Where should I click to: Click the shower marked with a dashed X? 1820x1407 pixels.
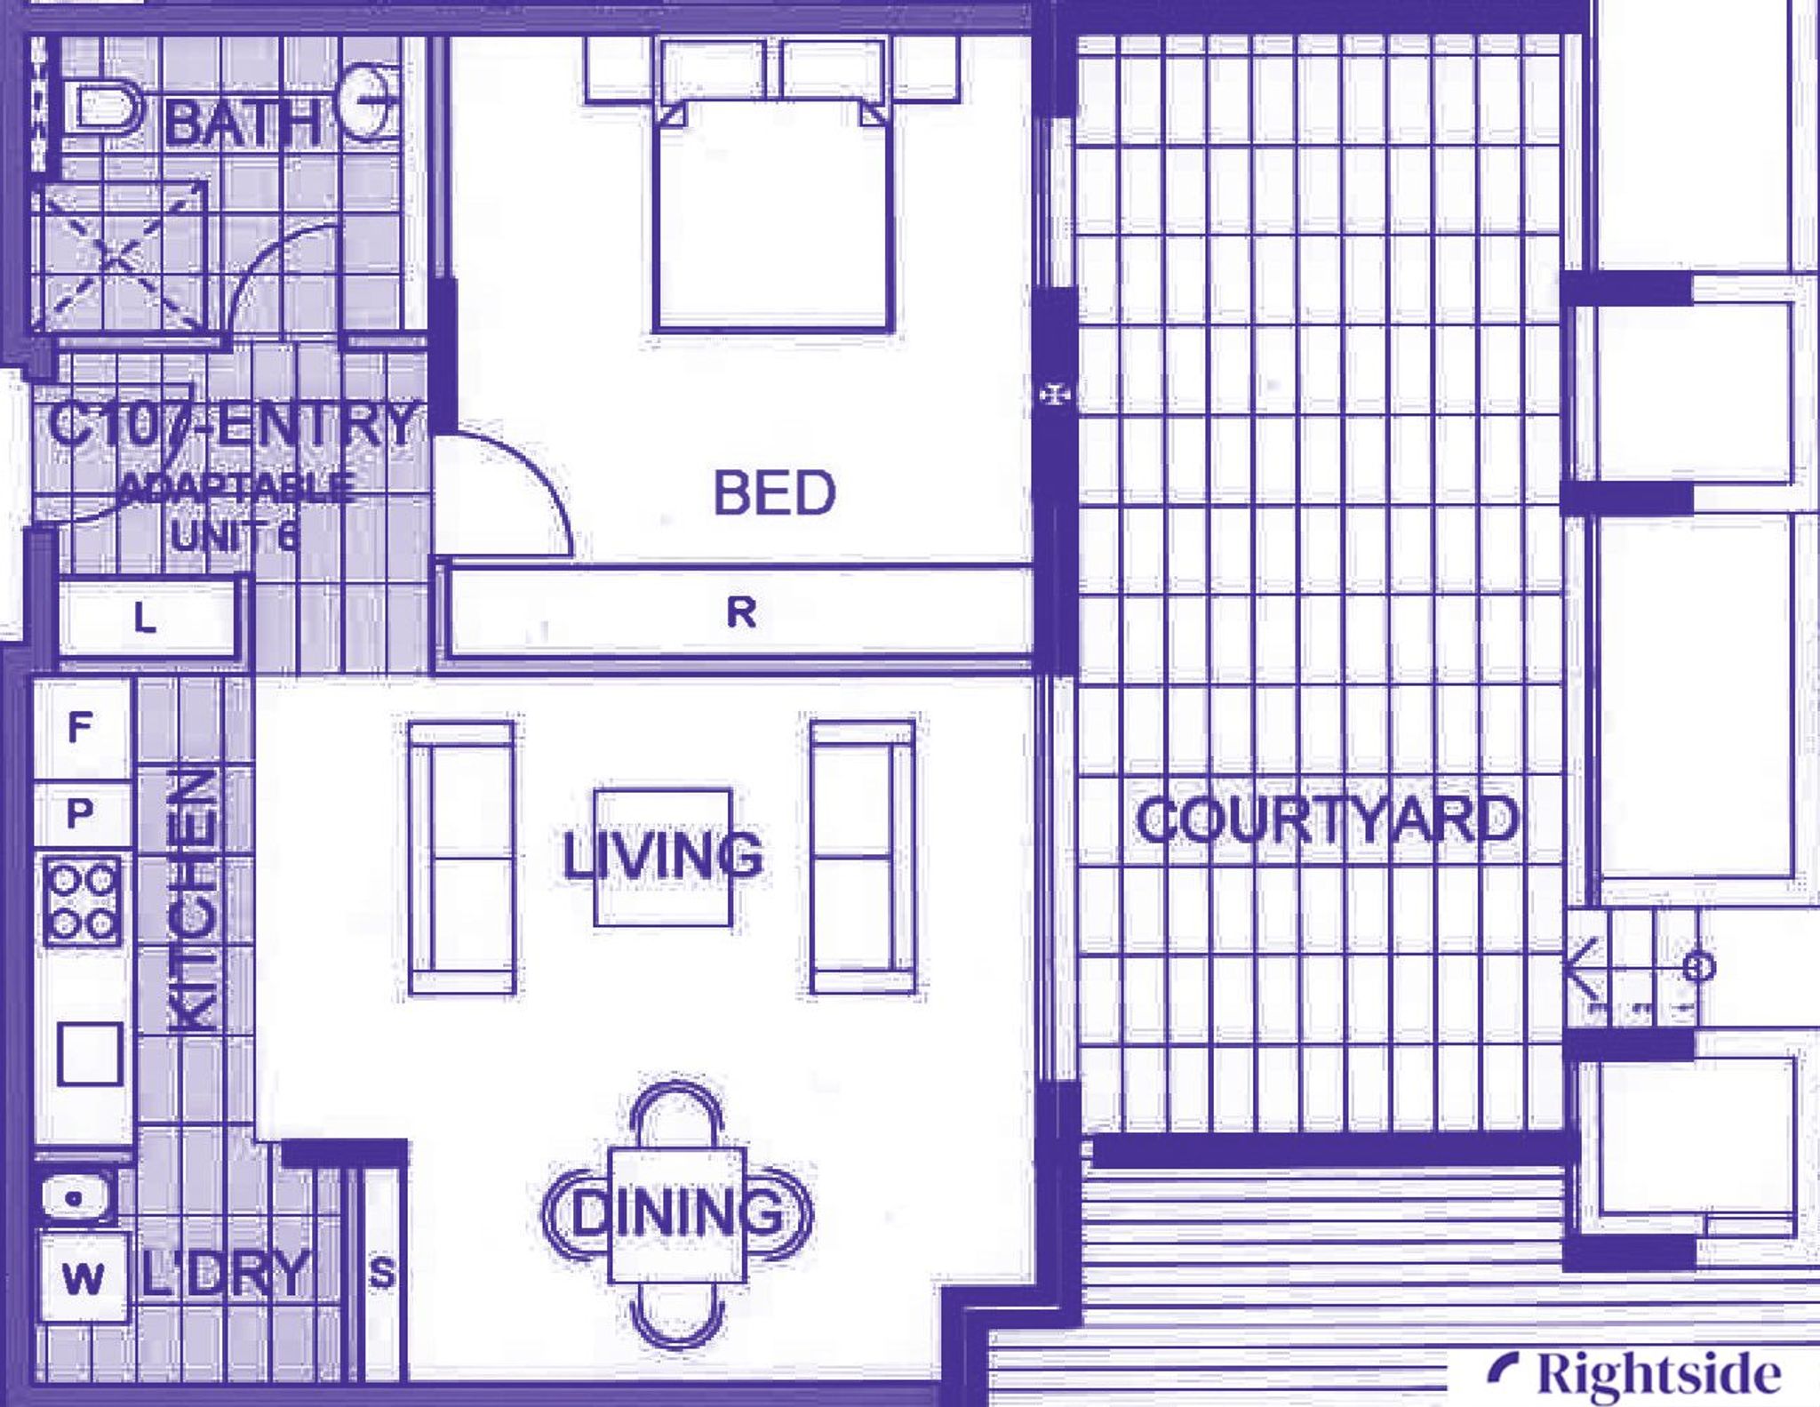point(121,259)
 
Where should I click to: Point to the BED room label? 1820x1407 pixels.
point(774,493)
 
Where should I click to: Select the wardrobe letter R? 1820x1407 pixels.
point(741,612)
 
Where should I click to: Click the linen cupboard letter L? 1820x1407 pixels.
point(145,618)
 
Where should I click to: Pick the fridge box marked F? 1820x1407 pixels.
point(80,728)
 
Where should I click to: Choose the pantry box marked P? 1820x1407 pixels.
point(80,812)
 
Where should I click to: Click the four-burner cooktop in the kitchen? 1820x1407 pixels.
point(83,899)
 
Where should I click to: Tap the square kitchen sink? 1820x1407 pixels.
point(90,1053)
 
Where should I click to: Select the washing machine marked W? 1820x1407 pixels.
point(83,1278)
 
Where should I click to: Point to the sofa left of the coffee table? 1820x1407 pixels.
point(461,858)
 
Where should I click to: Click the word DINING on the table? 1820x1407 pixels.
point(676,1212)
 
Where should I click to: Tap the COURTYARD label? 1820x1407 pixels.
point(1327,819)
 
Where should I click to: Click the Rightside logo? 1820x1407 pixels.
point(1635,1373)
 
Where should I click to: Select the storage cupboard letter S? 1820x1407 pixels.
point(382,1273)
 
